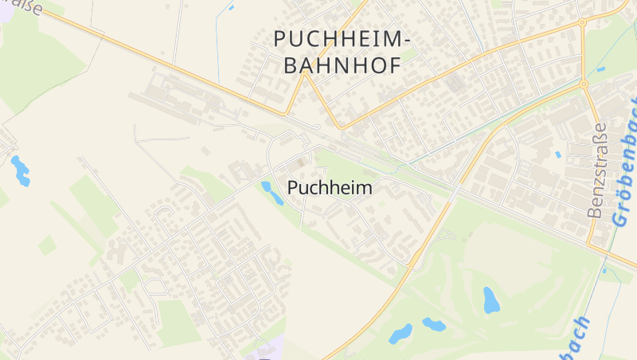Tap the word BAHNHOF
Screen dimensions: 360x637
point(342,65)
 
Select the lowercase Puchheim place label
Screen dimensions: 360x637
point(330,188)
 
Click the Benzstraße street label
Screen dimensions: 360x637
point(596,170)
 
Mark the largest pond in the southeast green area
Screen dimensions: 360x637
point(491,299)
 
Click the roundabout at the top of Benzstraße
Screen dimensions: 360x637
point(584,83)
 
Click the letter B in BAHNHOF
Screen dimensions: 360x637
point(290,65)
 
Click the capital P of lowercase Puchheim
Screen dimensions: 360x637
point(291,188)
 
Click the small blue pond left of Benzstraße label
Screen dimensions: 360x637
point(558,155)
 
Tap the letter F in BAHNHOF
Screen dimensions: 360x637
point(393,65)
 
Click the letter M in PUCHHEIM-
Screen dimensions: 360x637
point(392,38)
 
